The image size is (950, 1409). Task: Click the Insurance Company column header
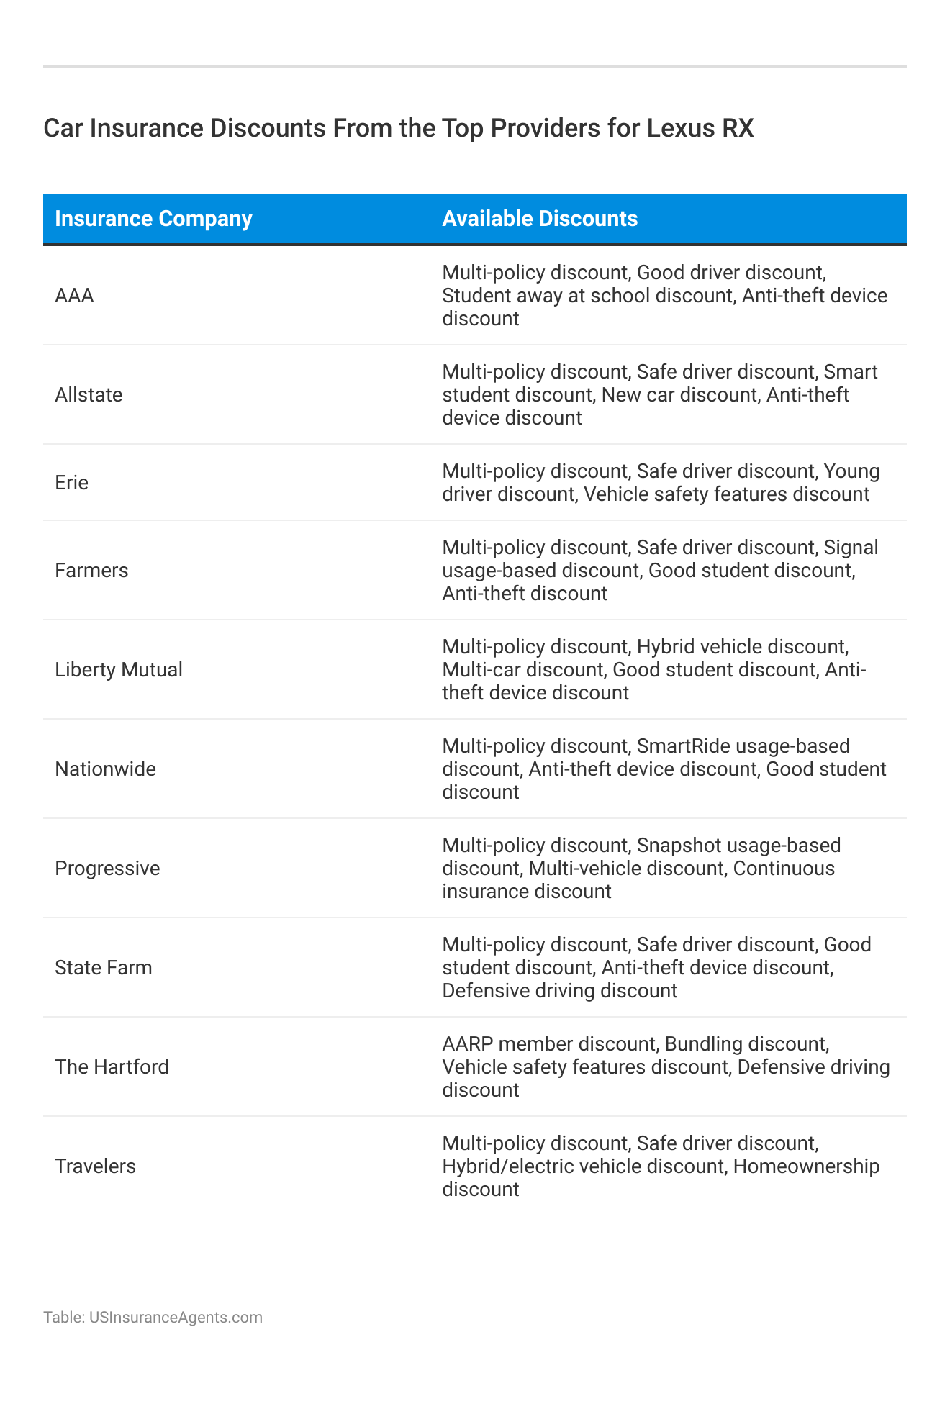153,219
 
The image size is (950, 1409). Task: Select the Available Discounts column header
540,219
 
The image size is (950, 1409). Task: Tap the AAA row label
74,296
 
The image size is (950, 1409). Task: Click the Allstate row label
89,395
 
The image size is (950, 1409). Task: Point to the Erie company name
71,483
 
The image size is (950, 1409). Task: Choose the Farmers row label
91,571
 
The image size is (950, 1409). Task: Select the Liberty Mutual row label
119,670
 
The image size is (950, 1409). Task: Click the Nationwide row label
105,769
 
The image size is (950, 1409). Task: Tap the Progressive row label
107,869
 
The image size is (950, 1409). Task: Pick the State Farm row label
104,968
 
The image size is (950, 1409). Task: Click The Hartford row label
112,1067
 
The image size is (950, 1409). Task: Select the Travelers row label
95,1166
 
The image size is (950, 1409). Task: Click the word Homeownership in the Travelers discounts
807,1166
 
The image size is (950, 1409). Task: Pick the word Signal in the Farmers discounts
851,548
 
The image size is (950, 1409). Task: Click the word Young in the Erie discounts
852,471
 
